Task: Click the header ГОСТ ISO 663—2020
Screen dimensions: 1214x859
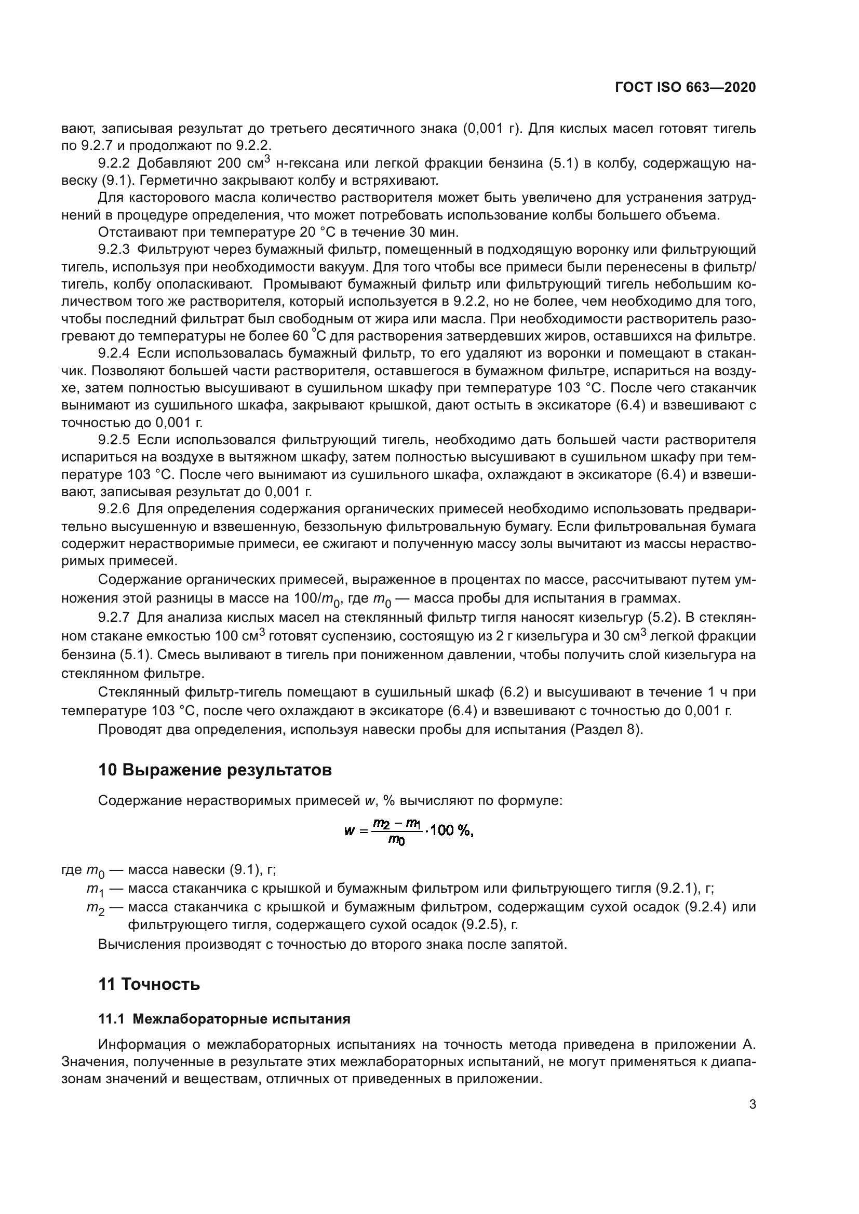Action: (686, 87)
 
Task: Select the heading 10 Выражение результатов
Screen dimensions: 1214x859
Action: (215, 770)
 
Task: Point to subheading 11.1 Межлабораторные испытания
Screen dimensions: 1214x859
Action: (224, 1019)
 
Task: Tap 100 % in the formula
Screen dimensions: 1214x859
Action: (451, 831)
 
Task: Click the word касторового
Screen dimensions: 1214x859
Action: (168, 198)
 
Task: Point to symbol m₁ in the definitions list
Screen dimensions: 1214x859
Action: (95, 890)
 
